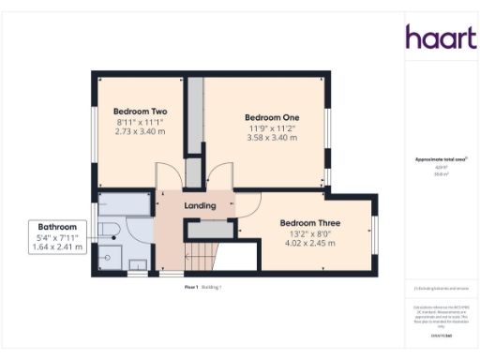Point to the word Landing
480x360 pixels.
200,205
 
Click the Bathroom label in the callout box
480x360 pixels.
57,227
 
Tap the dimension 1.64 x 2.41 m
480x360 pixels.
57,247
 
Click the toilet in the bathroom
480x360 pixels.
109,232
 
